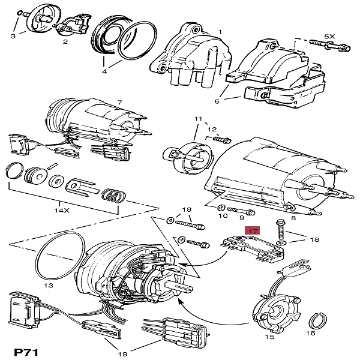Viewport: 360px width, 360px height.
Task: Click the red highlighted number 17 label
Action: click(253, 230)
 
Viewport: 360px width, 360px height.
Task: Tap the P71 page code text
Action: click(26, 352)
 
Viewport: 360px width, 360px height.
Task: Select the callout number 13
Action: click(49, 286)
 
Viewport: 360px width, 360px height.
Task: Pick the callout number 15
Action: click(269, 337)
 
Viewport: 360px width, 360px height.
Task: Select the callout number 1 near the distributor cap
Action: click(220, 31)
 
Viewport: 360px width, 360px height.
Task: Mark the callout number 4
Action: click(104, 71)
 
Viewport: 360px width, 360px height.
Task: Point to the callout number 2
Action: click(65, 41)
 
